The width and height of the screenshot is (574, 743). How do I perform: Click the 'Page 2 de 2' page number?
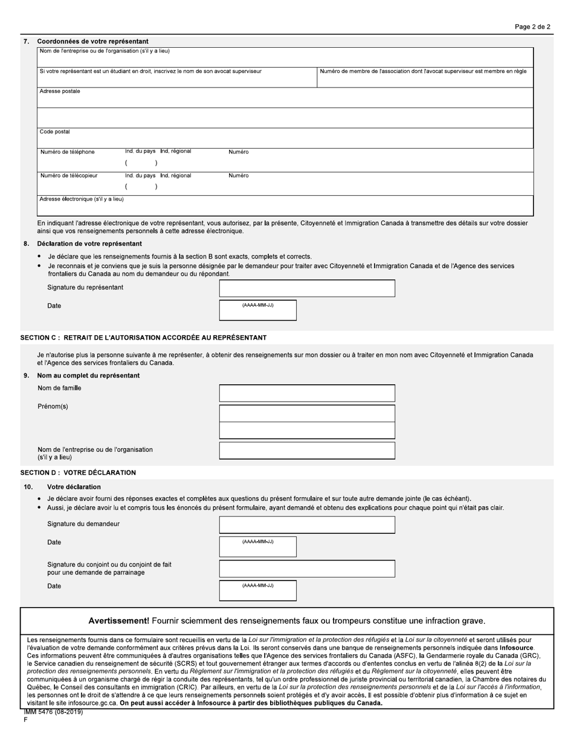pos(532,27)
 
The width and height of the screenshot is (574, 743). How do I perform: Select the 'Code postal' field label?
pos(55,132)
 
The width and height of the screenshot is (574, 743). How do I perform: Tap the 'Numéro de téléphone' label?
pos(68,152)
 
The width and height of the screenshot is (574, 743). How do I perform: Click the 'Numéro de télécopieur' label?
pos(69,176)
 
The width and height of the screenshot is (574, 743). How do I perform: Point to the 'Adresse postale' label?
pos(60,91)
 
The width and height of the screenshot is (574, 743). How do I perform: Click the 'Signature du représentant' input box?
pos(307,288)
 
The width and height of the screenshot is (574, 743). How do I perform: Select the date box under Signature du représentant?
pos(258,310)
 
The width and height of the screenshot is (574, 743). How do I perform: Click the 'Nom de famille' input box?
pos(307,393)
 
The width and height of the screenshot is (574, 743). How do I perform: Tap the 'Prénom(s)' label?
pos(53,407)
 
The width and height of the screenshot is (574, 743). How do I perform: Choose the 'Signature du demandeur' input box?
pos(307,525)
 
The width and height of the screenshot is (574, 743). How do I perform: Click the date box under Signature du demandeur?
pos(258,547)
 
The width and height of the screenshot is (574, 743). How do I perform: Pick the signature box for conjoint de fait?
pos(307,568)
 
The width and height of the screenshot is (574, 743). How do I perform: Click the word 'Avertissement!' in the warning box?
pos(118,621)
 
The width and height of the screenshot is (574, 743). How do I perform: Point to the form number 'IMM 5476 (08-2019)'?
pos(53,712)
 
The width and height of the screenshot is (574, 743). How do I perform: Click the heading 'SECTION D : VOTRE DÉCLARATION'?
pos(78,473)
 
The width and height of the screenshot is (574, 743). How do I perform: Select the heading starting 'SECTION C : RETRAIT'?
pos(143,338)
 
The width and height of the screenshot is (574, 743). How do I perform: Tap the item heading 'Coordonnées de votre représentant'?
pos(93,42)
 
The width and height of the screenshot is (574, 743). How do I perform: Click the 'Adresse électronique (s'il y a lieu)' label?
pos(82,199)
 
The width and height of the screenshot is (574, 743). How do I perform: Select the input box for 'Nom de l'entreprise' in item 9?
pos(307,451)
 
